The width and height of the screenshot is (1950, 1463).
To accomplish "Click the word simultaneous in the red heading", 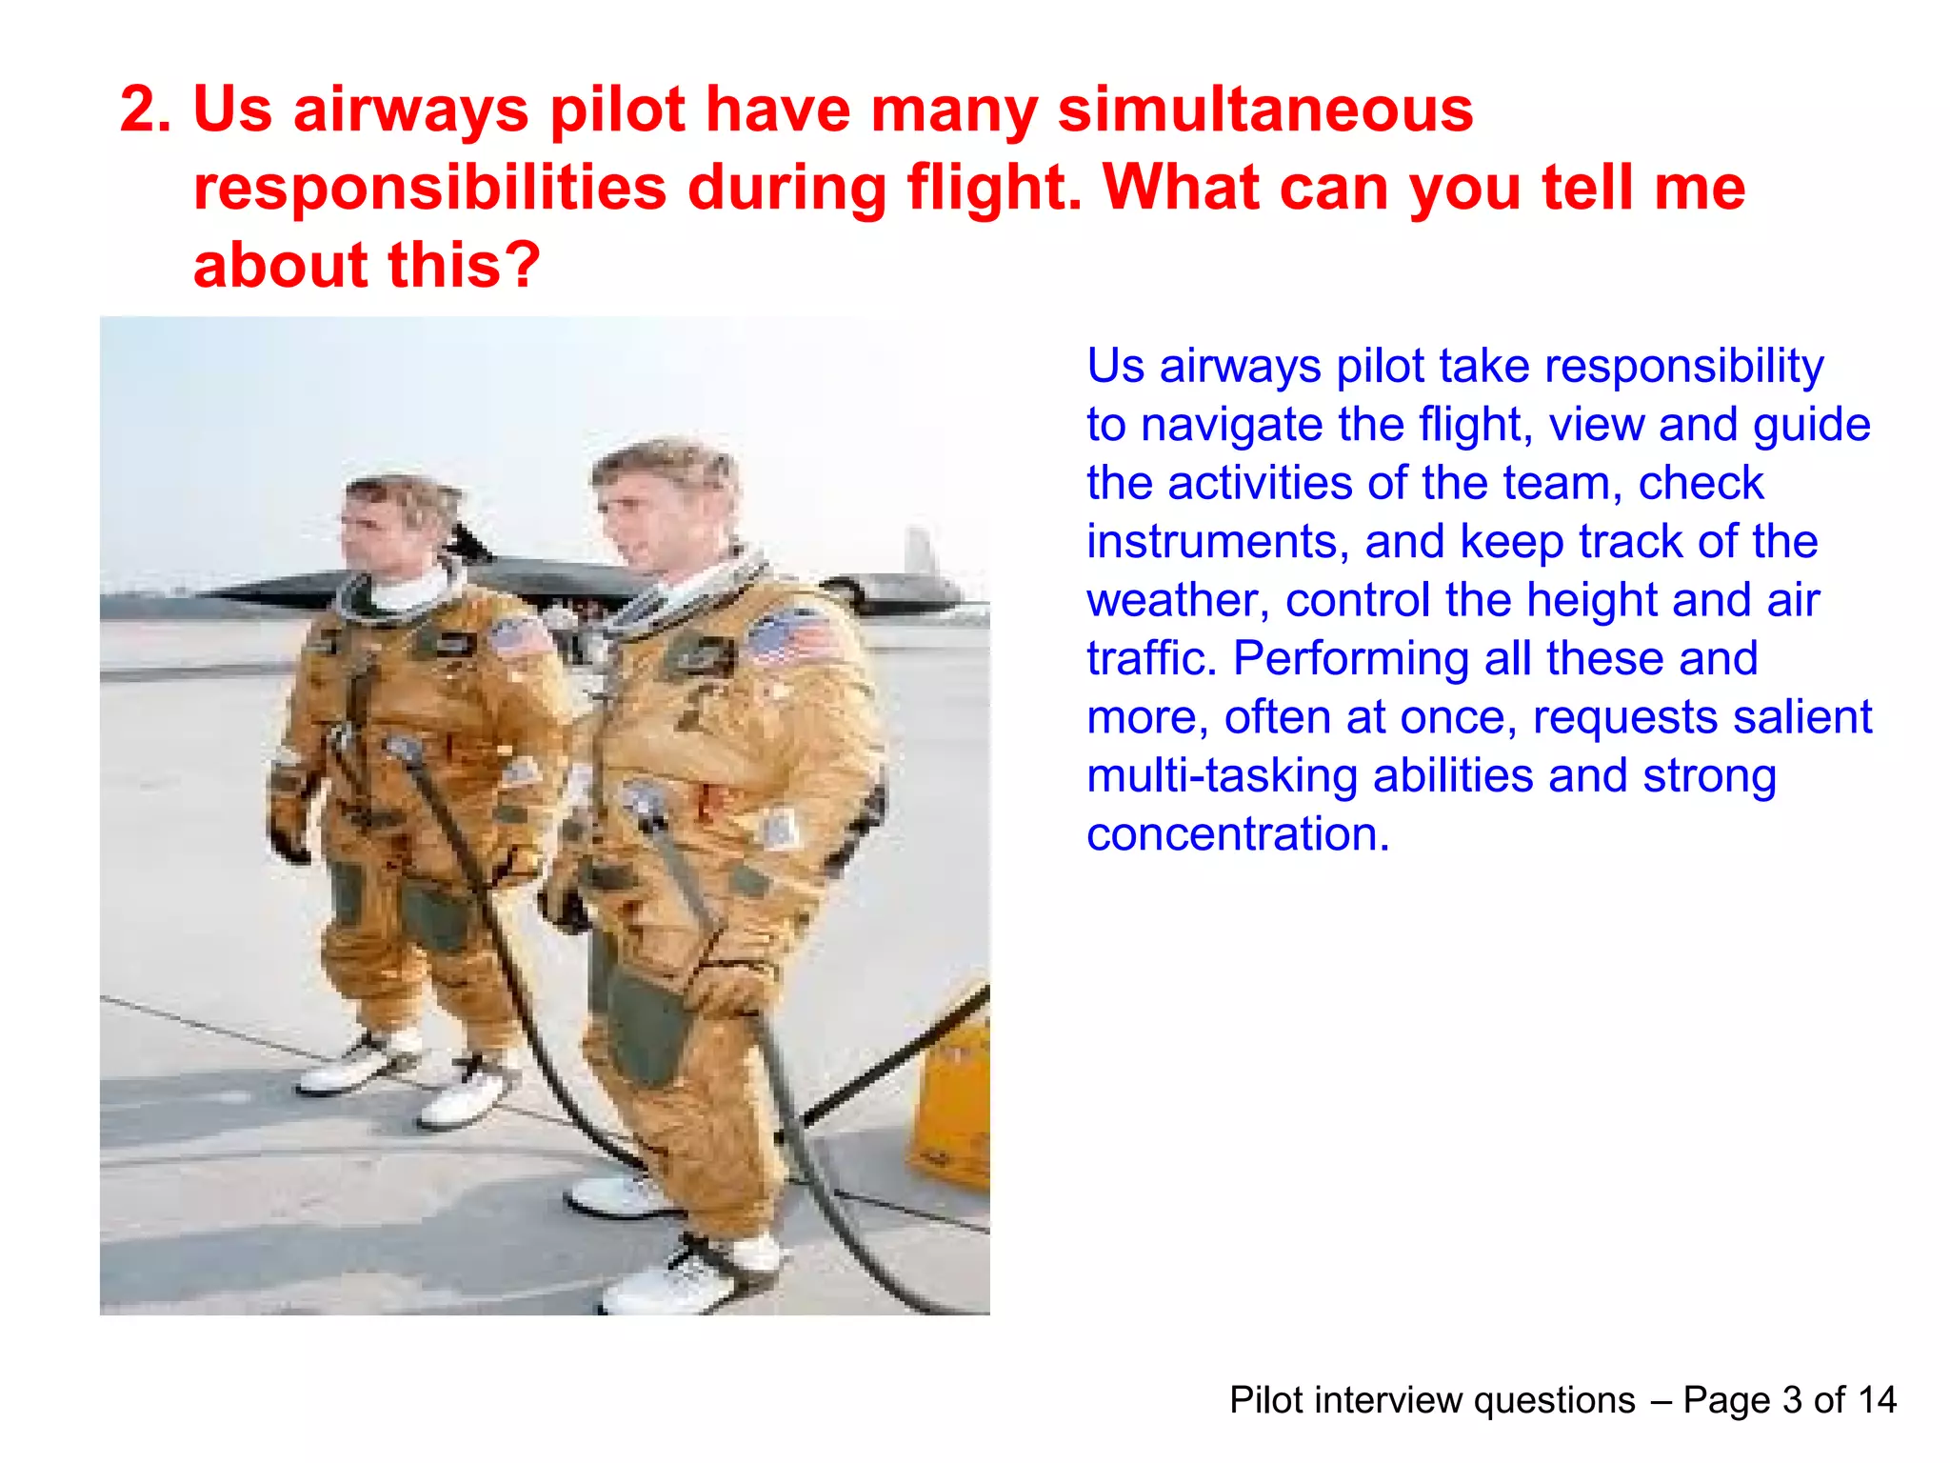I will point(1265,110).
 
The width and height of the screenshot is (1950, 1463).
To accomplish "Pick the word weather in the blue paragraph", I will point(1178,601).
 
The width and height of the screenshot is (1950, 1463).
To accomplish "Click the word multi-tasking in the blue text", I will point(1222,776).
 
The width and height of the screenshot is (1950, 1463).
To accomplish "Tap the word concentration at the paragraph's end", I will point(1238,834).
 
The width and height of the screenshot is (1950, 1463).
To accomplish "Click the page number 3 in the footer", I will point(1792,1400).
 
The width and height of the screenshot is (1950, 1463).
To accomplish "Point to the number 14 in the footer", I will point(1877,1400).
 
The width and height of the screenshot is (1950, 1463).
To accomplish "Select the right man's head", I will point(657,500).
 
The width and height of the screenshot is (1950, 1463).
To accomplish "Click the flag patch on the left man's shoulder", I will point(517,636).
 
